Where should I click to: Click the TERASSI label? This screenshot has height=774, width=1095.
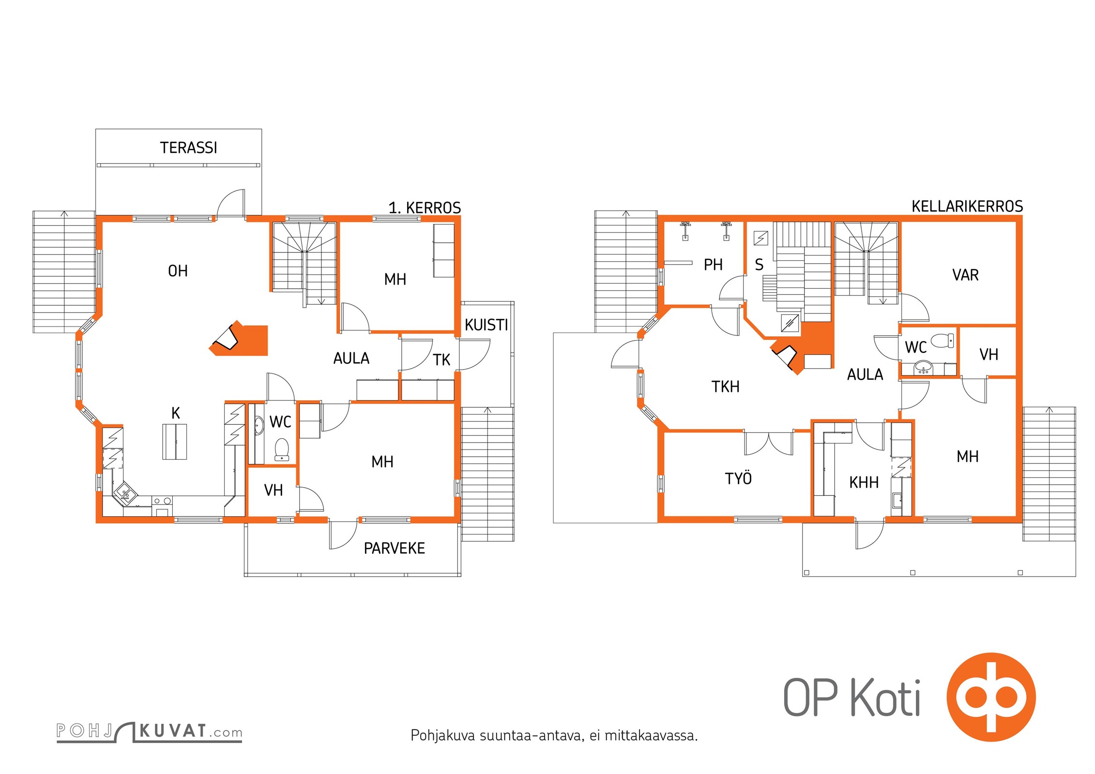[x=188, y=148]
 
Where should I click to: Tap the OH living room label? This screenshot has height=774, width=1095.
[x=178, y=271]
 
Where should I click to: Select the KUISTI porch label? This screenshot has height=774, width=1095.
[x=487, y=325]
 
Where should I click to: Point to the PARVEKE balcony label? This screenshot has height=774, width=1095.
[x=395, y=548]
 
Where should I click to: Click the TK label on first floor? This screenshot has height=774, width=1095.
[x=441, y=360]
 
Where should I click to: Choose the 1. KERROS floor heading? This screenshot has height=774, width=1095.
[x=425, y=208]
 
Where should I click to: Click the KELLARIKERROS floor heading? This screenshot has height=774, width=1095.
[x=967, y=207]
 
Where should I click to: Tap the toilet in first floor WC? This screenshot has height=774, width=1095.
[x=282, y=449]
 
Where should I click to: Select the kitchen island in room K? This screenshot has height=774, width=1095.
[x=174, y=441]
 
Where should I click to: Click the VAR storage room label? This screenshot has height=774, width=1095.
[x=965, y=275]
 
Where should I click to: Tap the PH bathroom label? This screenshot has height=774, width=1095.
[x=713, y=265]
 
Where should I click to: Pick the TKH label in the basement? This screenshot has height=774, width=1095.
[x=725, y=387]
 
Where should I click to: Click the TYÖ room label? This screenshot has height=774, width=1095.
[x=738, y=478]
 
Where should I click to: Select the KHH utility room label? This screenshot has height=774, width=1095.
[x=864, y=482]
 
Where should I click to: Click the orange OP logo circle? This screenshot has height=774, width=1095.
[x=991, y=697]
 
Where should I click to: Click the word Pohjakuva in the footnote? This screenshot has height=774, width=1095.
[x=443, y=736]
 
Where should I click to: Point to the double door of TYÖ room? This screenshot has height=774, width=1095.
[x=769, y=444]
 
